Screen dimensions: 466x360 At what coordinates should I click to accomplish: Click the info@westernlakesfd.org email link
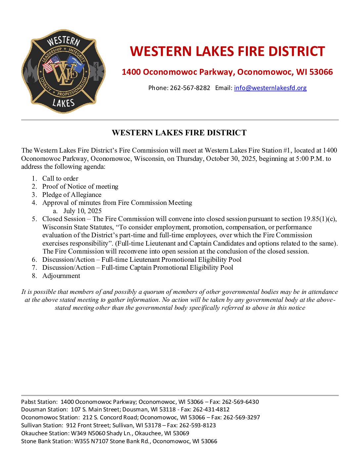[x=270, y=88]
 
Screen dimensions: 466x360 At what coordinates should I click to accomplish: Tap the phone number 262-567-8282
[x=190, y=88]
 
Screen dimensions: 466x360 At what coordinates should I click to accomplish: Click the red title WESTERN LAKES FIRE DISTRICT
[x=227, y=52]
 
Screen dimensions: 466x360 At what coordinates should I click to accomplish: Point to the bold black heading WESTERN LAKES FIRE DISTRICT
[x=179, y=133]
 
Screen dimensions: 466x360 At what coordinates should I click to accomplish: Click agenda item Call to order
[x=60, y=178]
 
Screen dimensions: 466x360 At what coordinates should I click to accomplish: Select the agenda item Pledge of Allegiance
[x=72, y=195]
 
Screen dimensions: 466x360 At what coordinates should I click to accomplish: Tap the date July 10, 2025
[x=82, y=211]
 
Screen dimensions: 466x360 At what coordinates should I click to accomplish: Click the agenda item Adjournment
[x=61, y=276]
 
